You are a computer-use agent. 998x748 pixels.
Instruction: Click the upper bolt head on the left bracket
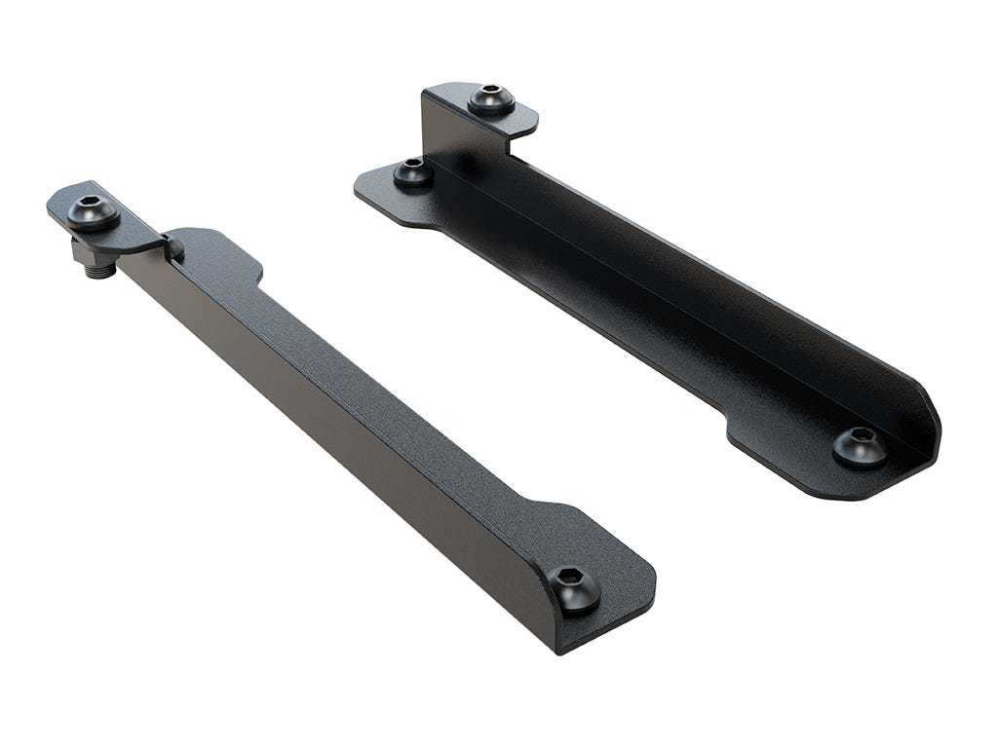pyautogui.click(x=94, y=211)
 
